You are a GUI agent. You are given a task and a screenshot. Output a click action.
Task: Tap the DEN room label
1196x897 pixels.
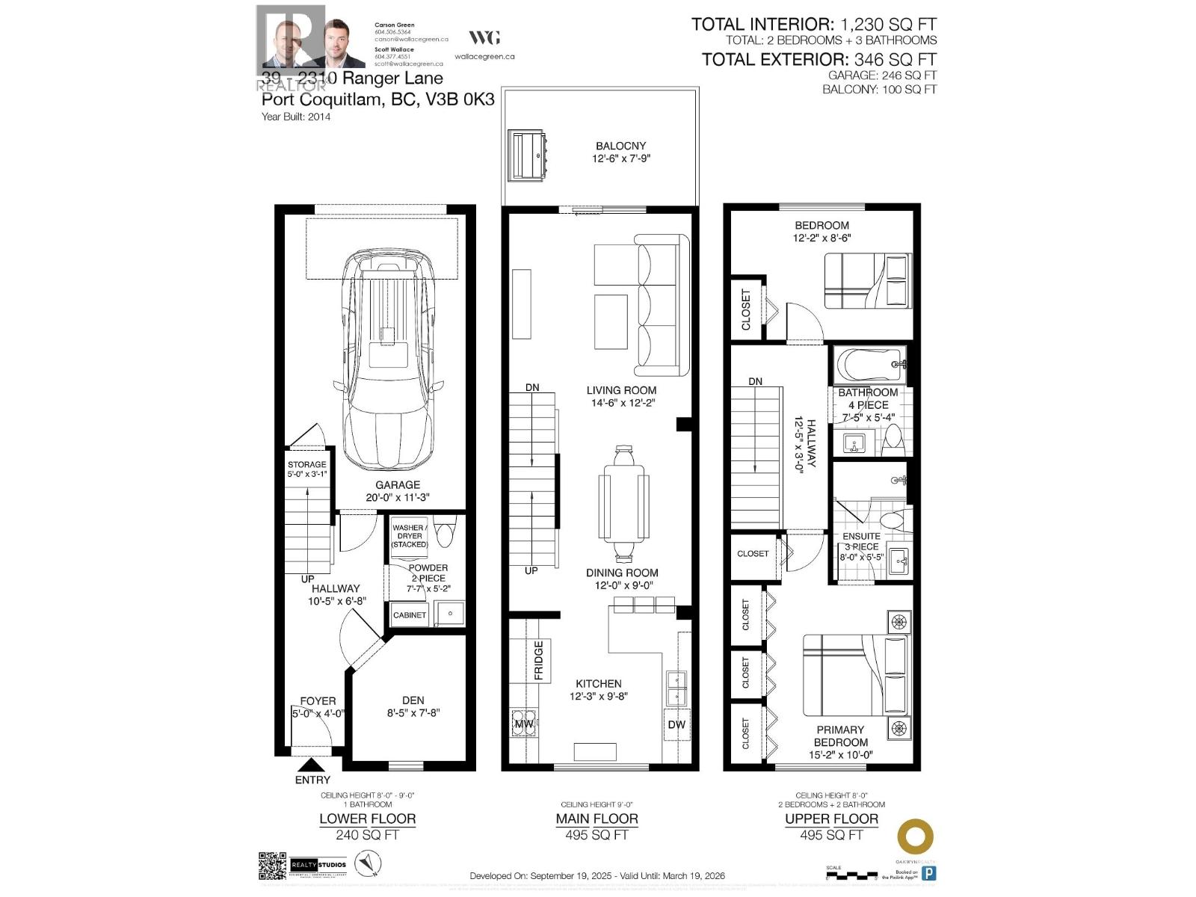click(x=413, y=700)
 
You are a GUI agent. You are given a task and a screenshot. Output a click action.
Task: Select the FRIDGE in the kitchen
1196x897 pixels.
click(x=538, y=660)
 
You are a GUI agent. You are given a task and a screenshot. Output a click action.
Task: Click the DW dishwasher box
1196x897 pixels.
click(x=676, y=724)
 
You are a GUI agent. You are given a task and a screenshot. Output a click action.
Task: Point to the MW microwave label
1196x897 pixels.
click(x=523, y=724)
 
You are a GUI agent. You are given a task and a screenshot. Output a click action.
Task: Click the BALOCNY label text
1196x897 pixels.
click(x=620, y=146)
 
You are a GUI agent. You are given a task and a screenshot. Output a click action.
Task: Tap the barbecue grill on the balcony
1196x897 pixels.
click(x=528, y=155)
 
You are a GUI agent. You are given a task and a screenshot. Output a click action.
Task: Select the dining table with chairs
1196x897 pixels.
click(x=622, y=502)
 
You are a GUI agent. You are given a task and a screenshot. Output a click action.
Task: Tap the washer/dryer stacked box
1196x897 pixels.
click(x=409, y=536)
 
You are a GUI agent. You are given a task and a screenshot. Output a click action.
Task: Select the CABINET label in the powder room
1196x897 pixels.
click(x=409, y=615)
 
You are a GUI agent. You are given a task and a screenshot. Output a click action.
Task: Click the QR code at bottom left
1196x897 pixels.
click(x=272, y=866)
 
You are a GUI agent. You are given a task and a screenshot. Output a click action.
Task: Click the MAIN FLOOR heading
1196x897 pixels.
click(x=597, y=819)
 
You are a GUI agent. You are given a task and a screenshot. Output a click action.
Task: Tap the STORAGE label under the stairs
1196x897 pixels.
click(x=306, y=464)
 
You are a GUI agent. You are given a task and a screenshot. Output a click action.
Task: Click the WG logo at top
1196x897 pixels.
click(x=484, y=37)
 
